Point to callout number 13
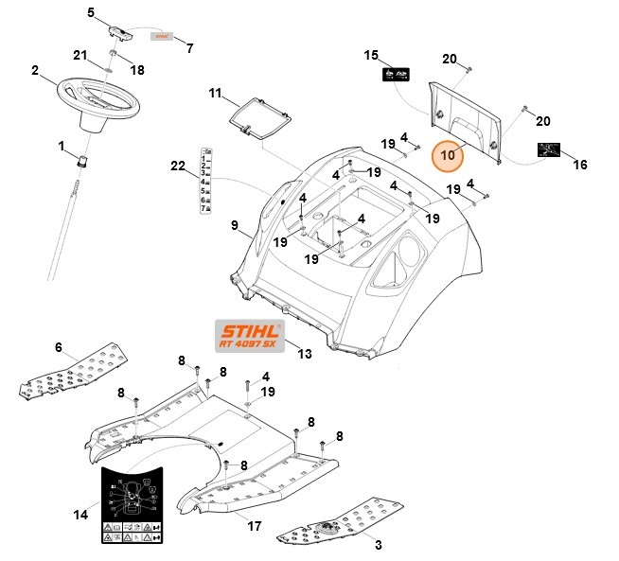(304, 354)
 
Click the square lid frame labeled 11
(259, 116)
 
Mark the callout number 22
(178, 167)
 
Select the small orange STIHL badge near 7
(165, 35)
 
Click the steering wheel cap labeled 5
(121, 31)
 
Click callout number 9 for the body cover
(235, 226)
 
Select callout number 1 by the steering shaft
(62, 147)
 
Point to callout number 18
(137, 70)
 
